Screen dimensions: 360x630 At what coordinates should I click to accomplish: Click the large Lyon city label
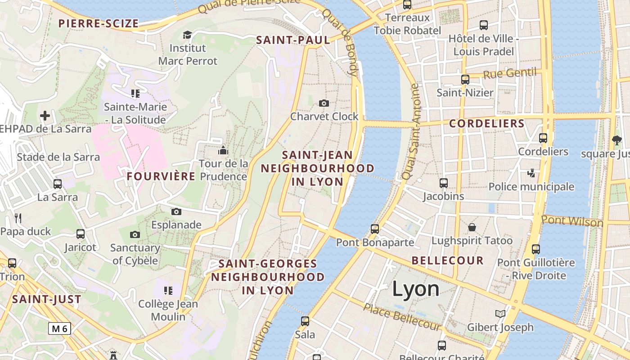415,288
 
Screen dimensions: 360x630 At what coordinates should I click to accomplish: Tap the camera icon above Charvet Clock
324,103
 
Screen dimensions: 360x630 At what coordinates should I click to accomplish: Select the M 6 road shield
59,328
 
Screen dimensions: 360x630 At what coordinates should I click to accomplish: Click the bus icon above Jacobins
444,183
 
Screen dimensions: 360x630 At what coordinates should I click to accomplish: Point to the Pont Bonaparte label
375,243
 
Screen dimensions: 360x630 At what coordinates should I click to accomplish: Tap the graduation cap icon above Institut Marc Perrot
187,35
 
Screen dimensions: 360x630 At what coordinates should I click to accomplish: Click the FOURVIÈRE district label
161,176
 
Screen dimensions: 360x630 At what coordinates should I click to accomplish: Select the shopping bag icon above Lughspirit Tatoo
472,227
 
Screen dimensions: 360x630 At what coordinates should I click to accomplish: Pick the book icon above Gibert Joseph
500,314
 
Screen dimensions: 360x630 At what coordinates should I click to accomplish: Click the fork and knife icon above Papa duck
18,218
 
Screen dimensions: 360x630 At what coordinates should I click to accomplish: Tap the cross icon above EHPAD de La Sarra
45,116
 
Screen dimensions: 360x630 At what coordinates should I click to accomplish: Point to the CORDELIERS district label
487,123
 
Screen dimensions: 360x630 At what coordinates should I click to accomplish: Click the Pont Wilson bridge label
572,221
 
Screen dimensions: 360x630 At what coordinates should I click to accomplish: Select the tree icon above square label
616,140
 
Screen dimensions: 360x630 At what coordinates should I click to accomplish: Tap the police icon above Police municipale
531,173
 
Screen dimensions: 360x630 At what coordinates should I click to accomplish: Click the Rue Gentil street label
510,73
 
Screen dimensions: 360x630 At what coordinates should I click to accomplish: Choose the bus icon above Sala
305,321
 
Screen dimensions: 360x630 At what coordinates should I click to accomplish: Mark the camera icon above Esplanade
176,211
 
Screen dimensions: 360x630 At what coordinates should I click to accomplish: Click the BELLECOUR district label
447,260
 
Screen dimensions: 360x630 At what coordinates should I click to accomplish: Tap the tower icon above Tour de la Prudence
223,150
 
